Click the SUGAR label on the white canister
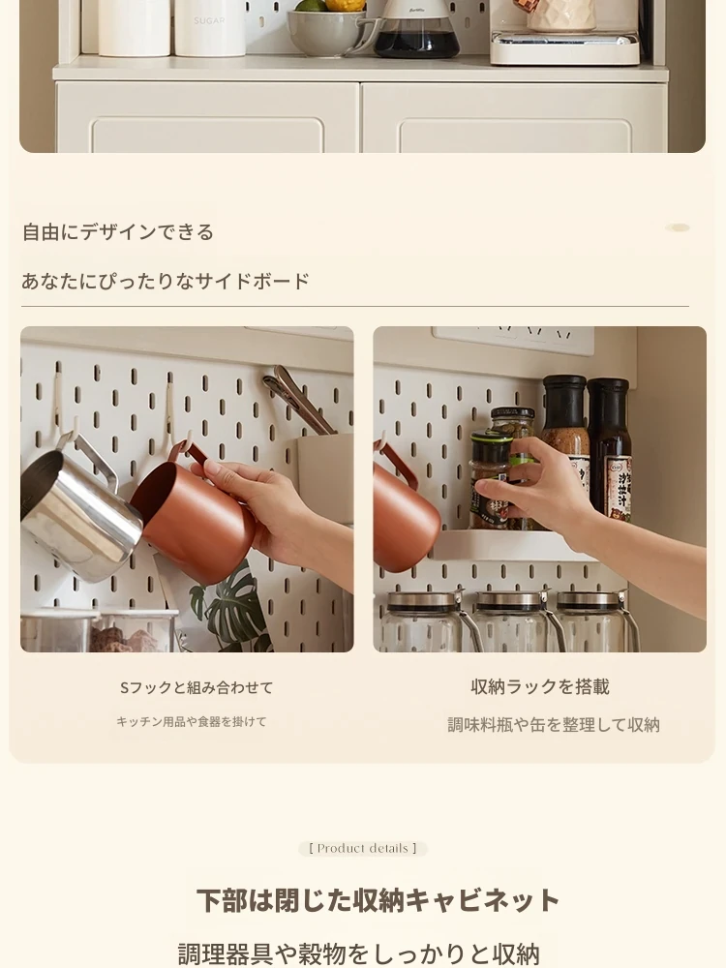(x=209, y=21)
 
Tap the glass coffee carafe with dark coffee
(x=416, y=30)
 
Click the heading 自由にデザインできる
(x=118, y=232)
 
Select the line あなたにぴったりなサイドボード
(x=165, y=281)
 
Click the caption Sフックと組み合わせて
(x=197, y=687)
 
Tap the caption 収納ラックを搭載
(x=540, y=687)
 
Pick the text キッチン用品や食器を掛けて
(x=192, y=722)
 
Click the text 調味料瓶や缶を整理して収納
(x=554, y=725)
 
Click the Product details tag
(x=363, y=849)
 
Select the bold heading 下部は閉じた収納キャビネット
(x=378, y=900)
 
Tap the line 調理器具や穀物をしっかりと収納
(x=359, y=953)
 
